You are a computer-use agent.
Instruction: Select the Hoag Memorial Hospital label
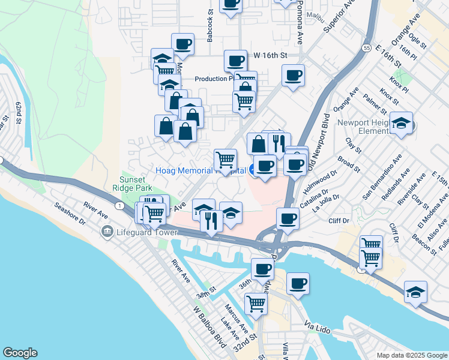pyautogui.click(x=200, y=171)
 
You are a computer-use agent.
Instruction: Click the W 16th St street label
pyautogui.click(x=271, y=55)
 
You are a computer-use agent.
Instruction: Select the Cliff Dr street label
pyautogui.click(x=339, y=221)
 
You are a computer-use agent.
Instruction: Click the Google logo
pyautogui.click(x=20, y=353)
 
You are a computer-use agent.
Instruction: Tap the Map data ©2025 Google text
pyautogui.click(x=411, y=355)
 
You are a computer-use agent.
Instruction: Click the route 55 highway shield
pyautogui.click(x=366, y=48)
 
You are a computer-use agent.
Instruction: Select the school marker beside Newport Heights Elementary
pyautogui.click(x=401, y=124)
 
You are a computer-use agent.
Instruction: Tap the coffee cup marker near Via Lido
pyautogui.click(x=297, y=283)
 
